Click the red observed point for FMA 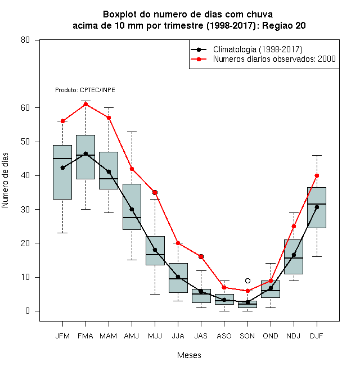click(85, 104)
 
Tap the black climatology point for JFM click(62, 168)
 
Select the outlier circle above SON click(247, 280)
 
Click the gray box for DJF click(317, 207)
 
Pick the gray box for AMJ click(132, 206)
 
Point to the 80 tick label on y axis click(25, 40)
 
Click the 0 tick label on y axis click(28, 311)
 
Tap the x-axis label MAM click(109, 336)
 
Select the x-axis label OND click(271, 336)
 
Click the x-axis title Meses click(189, 355)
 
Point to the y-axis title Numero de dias click(5, 180)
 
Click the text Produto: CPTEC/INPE click(85, 90)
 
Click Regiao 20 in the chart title click(283, 25)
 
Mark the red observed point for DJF click(317, 175)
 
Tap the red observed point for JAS click(201, 256)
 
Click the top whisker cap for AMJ click(132, 132)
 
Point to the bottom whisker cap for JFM click(62, 233)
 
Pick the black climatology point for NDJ click(294, 255)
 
